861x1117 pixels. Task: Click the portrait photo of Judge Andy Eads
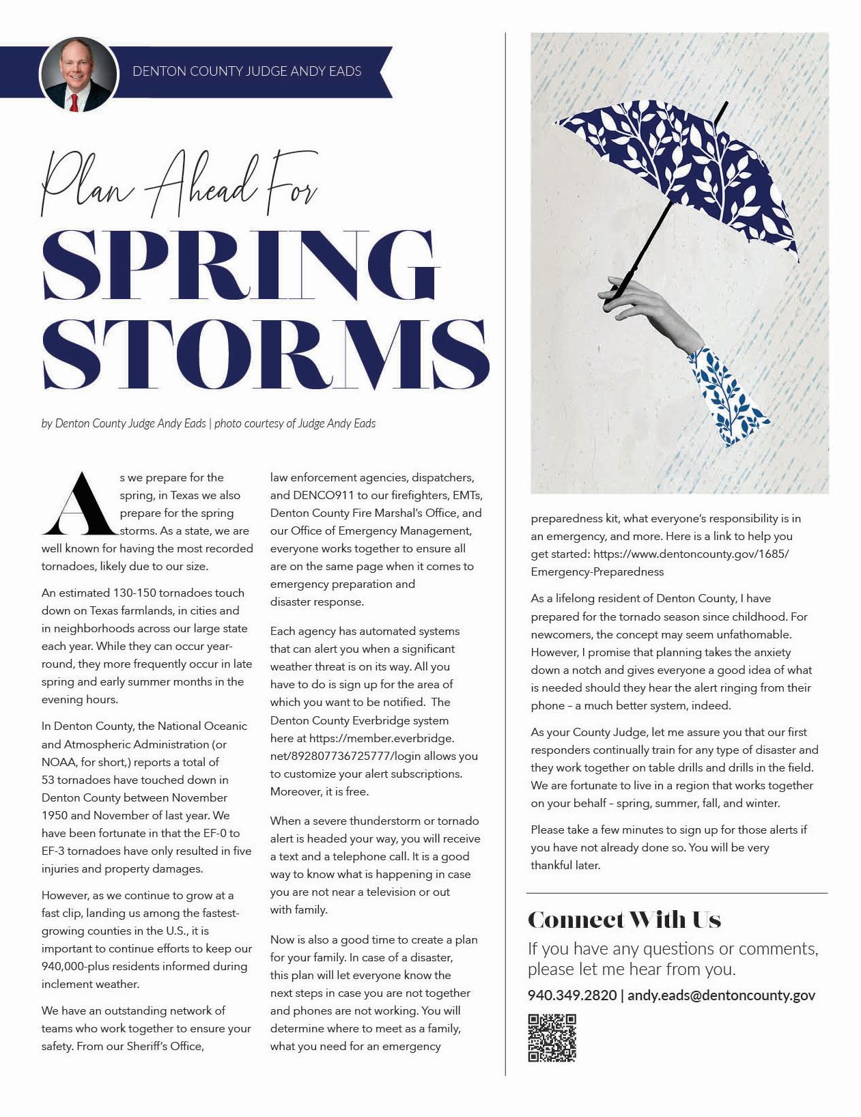pyautogui.click(x=79, y=74)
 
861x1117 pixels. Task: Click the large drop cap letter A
pyautogui.click(x=79, y=505)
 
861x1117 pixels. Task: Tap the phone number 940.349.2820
pyautogui.click(x=571, y=995)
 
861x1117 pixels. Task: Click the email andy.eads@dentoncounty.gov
pyautogui.click(x=721, y=995)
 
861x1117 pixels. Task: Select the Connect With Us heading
pyautogui.click(x=624, y=920)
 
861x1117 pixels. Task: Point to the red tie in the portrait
pyautogui.click(x=74, y=103)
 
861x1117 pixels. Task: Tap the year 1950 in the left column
pyautogui.click(x=55, y=815)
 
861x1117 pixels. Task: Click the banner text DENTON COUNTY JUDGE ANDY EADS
pyautogui.click(x=247, y=71)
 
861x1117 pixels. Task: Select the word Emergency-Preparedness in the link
pyautogui.click(x=597, y=571)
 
